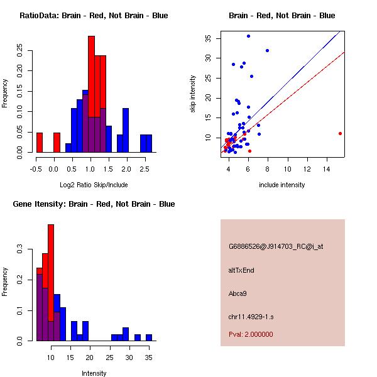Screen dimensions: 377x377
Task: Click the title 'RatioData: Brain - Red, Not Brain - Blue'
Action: (x=94, y=16)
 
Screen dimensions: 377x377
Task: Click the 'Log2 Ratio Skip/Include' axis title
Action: (x=94, y=185)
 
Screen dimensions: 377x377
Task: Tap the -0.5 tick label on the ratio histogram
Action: (x=35, y=168)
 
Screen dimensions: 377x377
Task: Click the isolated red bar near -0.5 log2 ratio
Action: (x=40, y=142)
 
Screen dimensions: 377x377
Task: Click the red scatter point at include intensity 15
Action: (x=340, y=133)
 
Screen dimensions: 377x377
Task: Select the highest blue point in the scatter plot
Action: (x=248, y=36)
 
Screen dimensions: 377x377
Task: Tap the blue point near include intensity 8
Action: (x=268, y=50)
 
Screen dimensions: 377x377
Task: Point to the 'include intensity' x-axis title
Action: (x=282, y=185)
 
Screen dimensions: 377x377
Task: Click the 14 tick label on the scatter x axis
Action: (x=327, y=168)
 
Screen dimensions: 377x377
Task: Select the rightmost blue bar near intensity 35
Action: (x=149, y=337)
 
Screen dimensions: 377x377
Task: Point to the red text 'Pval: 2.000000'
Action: (x=251, y=334)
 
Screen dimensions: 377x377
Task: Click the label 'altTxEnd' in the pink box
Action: (x=241, y=270)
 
